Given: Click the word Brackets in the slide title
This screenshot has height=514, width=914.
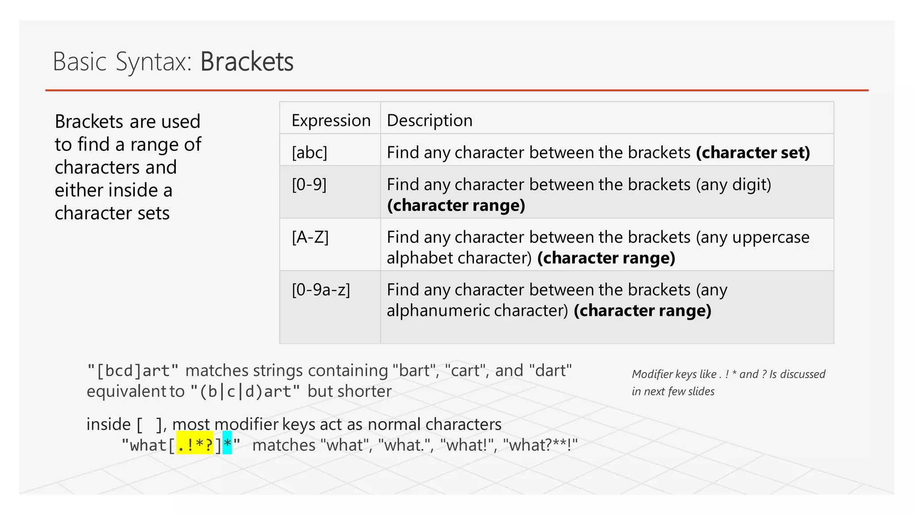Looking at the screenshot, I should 247,62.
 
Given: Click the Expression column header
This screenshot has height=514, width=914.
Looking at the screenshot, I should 331,120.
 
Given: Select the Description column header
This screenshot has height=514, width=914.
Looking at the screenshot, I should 429,120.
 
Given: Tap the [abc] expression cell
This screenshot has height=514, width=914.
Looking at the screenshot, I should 309,153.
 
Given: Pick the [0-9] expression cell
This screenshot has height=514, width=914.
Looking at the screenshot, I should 309,184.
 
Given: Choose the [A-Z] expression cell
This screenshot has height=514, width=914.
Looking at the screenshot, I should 310,237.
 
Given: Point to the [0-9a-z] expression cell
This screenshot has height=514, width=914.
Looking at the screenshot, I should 321,290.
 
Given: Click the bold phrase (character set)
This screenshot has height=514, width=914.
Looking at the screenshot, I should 753,153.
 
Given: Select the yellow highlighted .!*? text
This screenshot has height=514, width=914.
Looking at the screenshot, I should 195,445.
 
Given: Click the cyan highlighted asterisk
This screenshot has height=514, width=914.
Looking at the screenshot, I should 227,444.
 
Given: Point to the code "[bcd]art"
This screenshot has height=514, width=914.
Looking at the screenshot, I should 133,371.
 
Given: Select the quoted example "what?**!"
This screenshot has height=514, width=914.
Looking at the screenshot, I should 540,445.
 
